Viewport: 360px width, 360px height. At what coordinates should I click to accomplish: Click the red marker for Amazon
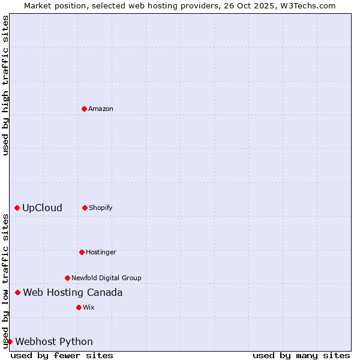(x=84, y=109)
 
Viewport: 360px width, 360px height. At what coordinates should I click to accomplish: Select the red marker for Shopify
(x=85, y=208)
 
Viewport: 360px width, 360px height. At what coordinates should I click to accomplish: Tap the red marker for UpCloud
(x=17, y=208)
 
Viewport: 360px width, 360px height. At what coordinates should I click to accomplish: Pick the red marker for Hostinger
(x=82, y=252)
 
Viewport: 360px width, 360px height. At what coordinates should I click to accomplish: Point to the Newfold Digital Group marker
(x=67, y=278)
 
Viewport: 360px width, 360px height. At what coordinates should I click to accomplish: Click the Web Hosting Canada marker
(x=17, y=292)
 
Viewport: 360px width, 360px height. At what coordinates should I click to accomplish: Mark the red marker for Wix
(x=79, y=307)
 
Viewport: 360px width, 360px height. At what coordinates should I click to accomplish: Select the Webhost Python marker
(x=10, y=341)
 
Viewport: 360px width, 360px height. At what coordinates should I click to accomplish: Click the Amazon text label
(x=101, y=109)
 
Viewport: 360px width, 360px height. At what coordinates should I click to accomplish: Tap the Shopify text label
(x=101, y=208)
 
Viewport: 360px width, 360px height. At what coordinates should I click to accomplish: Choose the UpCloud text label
(x=42, y=208)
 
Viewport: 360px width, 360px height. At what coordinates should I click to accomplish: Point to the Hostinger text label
(x=101, y=252)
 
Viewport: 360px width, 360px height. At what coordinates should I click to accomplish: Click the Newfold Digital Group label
(x=106, y=278)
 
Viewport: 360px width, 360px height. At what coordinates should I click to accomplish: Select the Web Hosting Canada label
(x=73, y=292)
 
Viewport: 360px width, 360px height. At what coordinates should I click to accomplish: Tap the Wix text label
(x=89, y=307)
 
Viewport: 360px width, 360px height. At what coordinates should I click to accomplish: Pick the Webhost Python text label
(x=54, y=341)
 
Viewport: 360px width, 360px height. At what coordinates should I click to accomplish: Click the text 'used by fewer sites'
(x=62, y=355)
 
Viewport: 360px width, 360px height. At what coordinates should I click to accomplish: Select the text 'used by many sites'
(x=301, y=355)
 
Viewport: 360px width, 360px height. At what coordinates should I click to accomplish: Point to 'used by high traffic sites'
(x=5, y=85)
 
